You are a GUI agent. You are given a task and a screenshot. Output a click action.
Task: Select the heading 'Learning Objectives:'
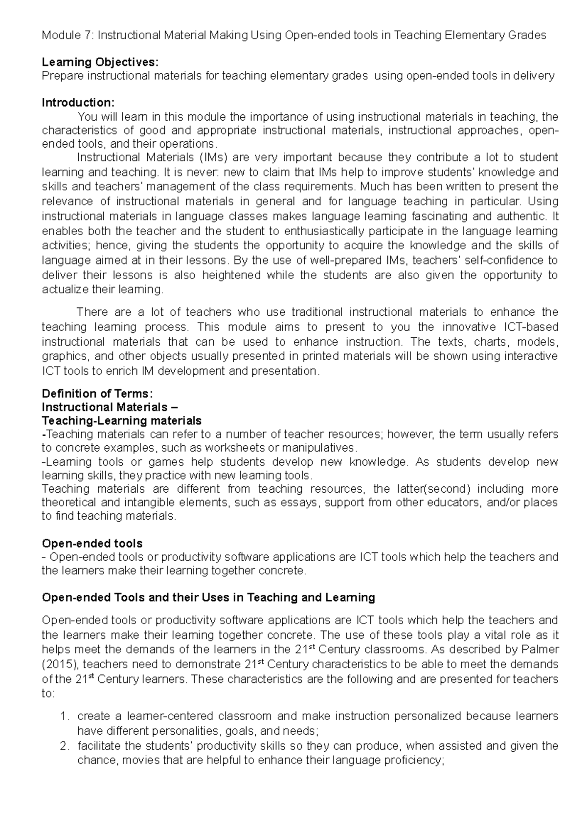tap(100, 62)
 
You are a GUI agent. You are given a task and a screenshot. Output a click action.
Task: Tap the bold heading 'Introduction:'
tap(78, 103)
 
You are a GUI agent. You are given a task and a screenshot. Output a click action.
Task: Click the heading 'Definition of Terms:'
tap(98, 393)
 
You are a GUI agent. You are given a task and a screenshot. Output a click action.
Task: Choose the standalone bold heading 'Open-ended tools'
tap(92, 543)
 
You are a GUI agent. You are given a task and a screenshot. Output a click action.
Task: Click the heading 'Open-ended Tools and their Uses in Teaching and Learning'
tap(208, 597)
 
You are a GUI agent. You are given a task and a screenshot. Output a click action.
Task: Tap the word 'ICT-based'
tap(523, 327)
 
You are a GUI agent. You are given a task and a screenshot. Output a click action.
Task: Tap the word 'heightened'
tap(231, 275)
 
